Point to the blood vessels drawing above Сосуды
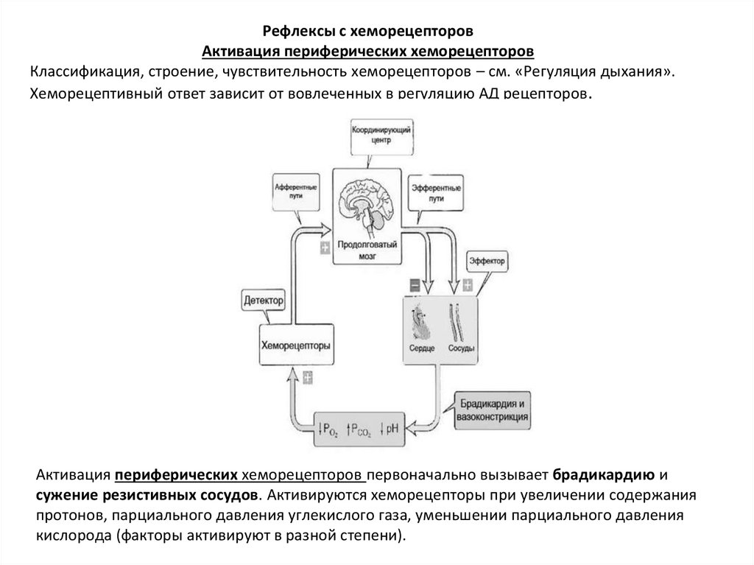(457, 317)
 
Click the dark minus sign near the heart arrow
(415, 284)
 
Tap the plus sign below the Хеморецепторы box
(307, 376)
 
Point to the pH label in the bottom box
(389, 427)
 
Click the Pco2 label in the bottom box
(360, 427)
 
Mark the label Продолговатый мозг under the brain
(368, 250)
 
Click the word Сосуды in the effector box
(461, 348)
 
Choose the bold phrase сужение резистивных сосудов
(147, 493)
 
